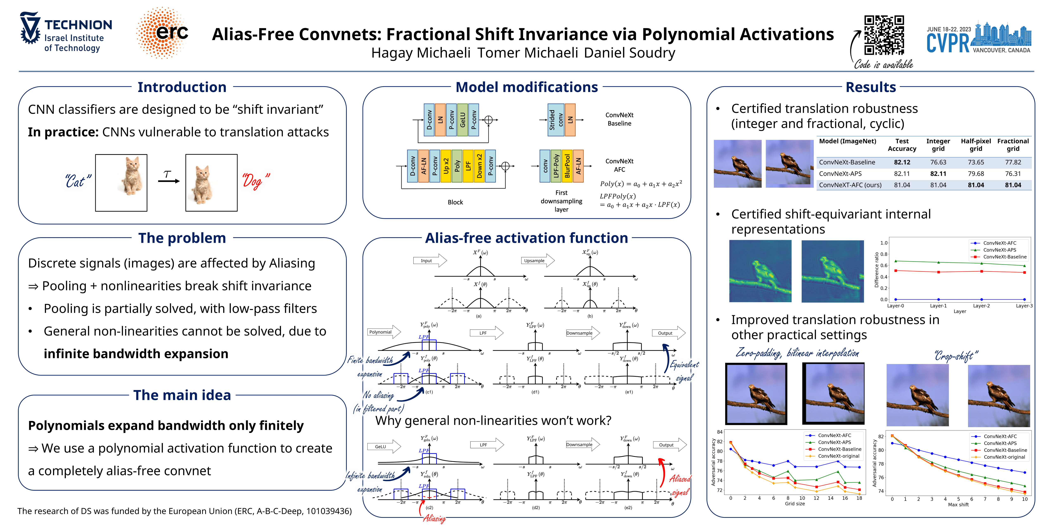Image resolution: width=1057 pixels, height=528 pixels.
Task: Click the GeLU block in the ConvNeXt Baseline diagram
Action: (462, 120)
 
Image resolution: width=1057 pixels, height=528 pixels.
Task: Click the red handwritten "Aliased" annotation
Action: (680, 478)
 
